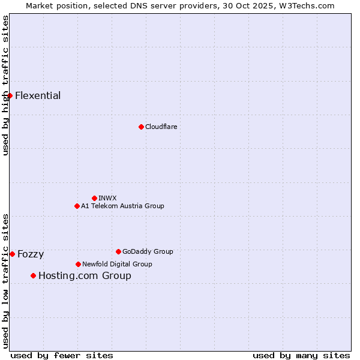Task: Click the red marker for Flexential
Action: (10, 95)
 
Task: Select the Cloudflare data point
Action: (141, 127)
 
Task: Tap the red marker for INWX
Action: (94, 198)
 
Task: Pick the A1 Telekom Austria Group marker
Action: (77, 206)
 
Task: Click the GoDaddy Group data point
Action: (118, 251)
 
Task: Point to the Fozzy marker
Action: (12, 254)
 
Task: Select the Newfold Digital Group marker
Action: (78, 264)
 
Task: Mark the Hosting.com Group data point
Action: (33, 275)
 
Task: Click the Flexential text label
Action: (38, 96)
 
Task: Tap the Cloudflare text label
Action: (161, 127)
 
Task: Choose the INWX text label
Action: (107, 199)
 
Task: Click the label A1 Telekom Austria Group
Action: (122, 206)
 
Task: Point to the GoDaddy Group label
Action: (148, 252)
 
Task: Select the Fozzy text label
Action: (31, 254)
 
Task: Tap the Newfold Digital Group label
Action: (117, 265)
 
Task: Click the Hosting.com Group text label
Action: (85, 276)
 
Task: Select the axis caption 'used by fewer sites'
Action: (62, 355)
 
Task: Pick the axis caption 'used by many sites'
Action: (301, 355)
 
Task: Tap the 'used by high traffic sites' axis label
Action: (5, 86)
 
